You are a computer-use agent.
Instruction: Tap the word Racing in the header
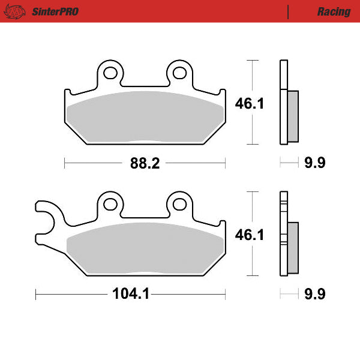pos(334,11)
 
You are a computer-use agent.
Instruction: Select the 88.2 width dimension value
pos(145,163)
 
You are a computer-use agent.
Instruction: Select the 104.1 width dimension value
pos(130,294)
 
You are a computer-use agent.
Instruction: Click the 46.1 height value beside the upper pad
pos(249,103)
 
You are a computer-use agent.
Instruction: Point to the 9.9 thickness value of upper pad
pos(315,163)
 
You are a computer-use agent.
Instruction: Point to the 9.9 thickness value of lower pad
pos(315,294)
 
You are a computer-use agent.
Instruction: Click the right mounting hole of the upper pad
pos(179,73)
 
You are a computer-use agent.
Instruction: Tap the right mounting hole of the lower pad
pos(179,203)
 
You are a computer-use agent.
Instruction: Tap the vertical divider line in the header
pos(289,11)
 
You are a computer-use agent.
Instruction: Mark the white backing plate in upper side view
pos(283,103)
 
